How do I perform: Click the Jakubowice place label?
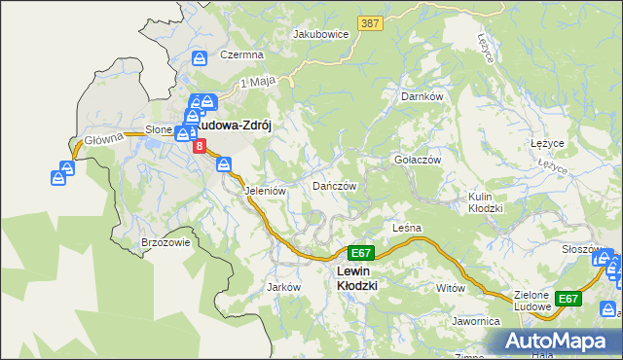tap(320, 33)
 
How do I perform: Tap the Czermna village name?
tap(239, 54)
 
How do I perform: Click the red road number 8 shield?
tap(200, 146)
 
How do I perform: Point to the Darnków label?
tap(422, 96)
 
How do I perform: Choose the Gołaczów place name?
tap(417, 160)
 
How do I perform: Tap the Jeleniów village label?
tap(264, 191)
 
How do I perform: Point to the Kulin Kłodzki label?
tap(485, 202)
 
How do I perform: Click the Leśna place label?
tap(406, 228)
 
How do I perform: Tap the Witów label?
tap(451, 288)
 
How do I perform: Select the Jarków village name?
tap(283, 287)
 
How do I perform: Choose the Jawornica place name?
tap(475, 320)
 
